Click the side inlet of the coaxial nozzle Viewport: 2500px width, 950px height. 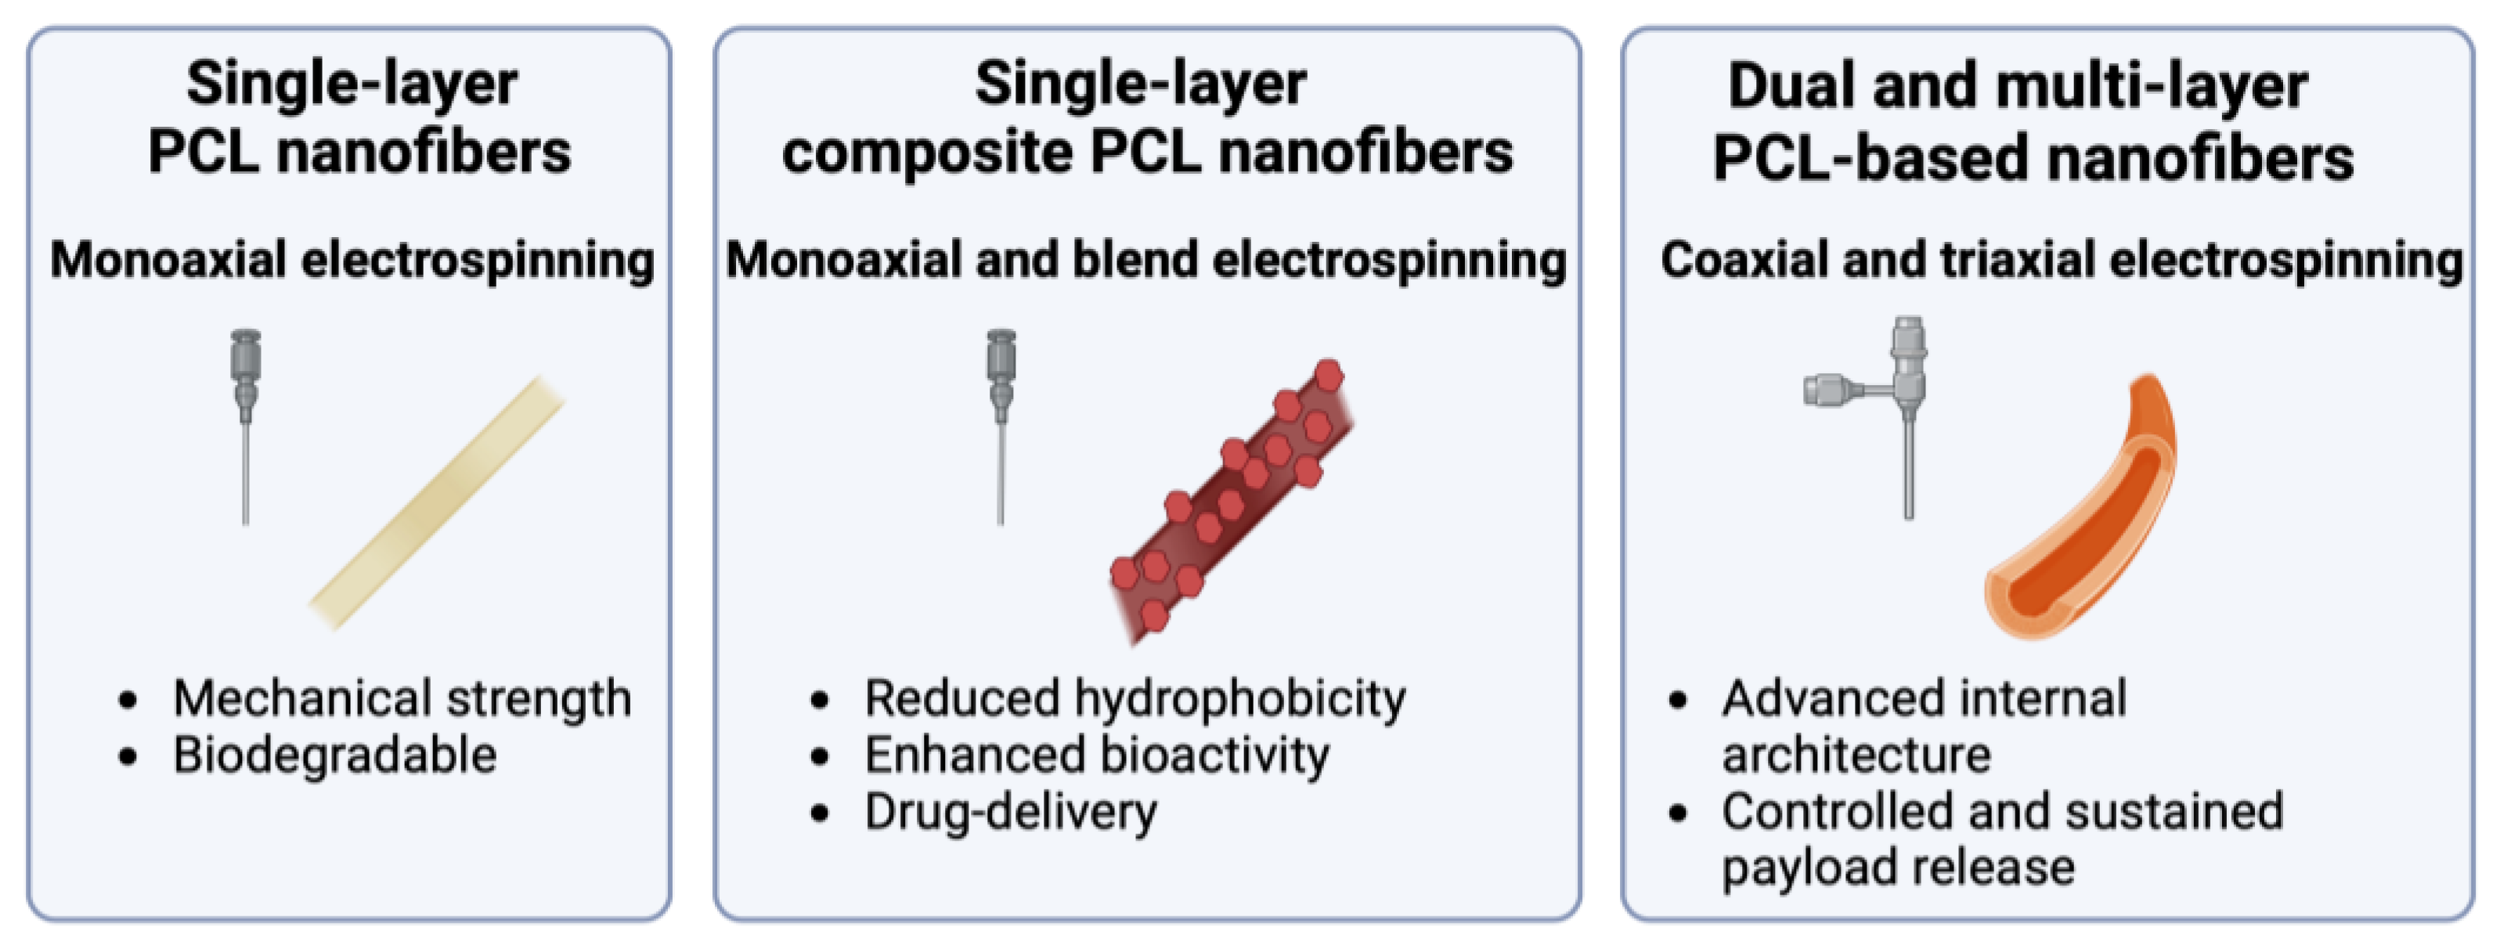tap(1829, 390)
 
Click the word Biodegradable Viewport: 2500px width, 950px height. tap(335, 755)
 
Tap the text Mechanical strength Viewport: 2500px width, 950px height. tap(402, 699)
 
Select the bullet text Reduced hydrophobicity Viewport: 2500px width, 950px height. tap(1135, 699)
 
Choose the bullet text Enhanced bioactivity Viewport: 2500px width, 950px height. tap(1097, 755)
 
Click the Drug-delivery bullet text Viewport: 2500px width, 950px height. tap(1010, 812)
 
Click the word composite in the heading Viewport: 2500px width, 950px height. tap(927, 153)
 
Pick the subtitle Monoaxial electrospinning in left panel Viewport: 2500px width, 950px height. tap(352, 260)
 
